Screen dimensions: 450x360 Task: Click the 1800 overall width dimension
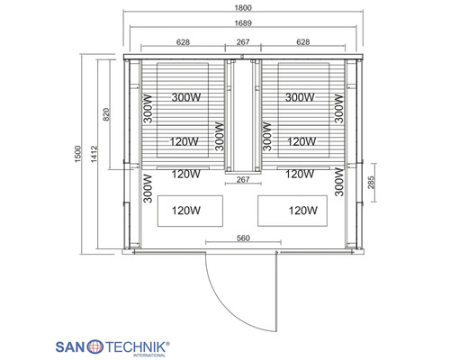tap(243, 7)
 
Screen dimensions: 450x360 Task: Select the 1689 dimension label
tap(243, 22)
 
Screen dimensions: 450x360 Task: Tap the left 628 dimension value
tap(183, 42)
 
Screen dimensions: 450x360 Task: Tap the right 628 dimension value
tap(303, 42)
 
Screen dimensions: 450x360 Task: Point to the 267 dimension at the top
tap(243, 42)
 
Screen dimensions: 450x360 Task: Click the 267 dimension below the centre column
tap(243, 179)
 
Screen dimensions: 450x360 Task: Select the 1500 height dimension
tap(77, 154)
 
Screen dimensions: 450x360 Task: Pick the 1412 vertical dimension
tap(94, 154)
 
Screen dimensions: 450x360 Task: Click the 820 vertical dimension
tap(106, 114)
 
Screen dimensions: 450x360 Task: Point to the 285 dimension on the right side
tap(371, 183)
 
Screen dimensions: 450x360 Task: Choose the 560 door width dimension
tap(243, 238)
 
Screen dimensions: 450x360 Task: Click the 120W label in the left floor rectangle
tap(186, 211)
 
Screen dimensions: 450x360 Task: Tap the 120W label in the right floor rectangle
tap(303, 211)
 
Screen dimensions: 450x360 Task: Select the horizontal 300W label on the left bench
tap(186, 97)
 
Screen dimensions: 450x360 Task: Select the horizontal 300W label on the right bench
tap(300, 97)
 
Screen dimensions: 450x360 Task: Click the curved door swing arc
tap(227, 310)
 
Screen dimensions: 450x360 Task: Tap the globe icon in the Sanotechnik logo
tap(95, 347)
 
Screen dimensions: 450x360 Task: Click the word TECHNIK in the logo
tap(136, 347)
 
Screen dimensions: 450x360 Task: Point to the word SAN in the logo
tap(70, 347)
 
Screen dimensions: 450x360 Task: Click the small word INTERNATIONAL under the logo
tap(149, 355)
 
